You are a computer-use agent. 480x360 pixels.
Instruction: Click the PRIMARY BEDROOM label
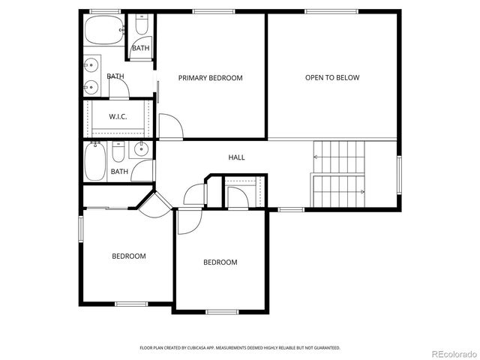(x=210, y=78)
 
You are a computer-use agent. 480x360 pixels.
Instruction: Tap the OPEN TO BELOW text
(x=332, y=78)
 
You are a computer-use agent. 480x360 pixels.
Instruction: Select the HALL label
(x=237, y=157)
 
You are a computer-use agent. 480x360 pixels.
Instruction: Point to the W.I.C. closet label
(x=118, y=116)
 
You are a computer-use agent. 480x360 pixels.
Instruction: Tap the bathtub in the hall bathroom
(x=94, y=161)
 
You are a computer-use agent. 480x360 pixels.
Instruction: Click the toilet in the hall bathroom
(x=118, y=154)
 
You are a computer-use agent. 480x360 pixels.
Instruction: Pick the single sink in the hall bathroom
(x=140, y=150)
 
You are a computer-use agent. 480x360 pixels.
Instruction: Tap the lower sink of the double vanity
(x=90, y=85)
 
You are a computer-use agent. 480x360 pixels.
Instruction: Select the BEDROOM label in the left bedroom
(x=129, y=256)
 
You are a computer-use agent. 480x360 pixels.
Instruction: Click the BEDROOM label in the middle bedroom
(x=220, y=262)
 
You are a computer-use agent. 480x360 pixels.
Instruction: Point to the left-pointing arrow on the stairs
(x=316, y=157)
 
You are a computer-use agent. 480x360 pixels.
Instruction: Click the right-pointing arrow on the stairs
(x=362, y=192)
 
